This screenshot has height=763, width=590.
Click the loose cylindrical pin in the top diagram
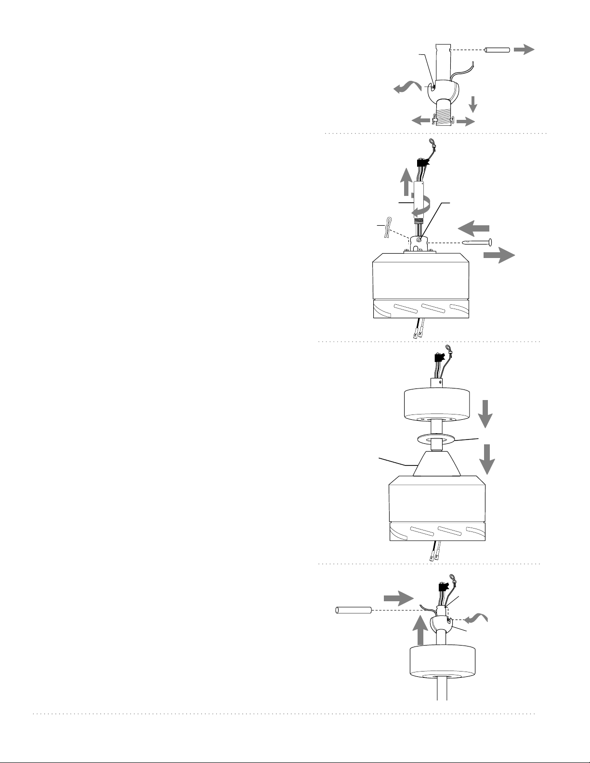(497, 50)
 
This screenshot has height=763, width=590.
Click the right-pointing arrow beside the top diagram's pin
(524, 49)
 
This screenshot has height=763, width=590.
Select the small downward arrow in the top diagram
(473, 103)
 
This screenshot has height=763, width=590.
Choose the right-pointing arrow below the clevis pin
(499, 256)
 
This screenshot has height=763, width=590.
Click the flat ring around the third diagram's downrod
(436, 439)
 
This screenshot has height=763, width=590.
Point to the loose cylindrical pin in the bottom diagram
(353, 610)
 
